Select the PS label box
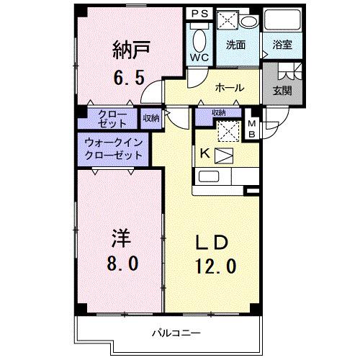click(x=199, y=13)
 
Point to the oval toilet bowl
click(x=200, y=37)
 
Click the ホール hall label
click(x=230, y=88)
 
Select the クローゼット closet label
click(x=108, y=118)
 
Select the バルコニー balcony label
click(x=171, y=333)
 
